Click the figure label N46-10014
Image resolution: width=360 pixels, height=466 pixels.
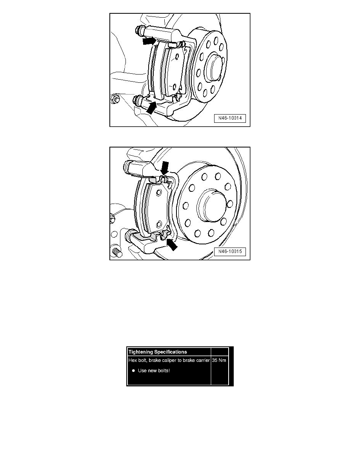click(x=230, y=118)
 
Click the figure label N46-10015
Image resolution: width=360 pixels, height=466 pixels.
click(x=230, y=252)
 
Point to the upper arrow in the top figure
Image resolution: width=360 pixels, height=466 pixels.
click(x=149, y=40)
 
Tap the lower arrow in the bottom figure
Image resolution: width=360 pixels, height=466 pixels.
click(x=171, y=244)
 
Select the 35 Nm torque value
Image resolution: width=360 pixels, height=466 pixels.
click(x=219, y=360)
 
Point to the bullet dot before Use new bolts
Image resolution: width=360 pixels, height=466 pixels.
click(x=133, y=370)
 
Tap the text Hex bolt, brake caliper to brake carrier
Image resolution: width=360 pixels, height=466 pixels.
click(x=169, y=360)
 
